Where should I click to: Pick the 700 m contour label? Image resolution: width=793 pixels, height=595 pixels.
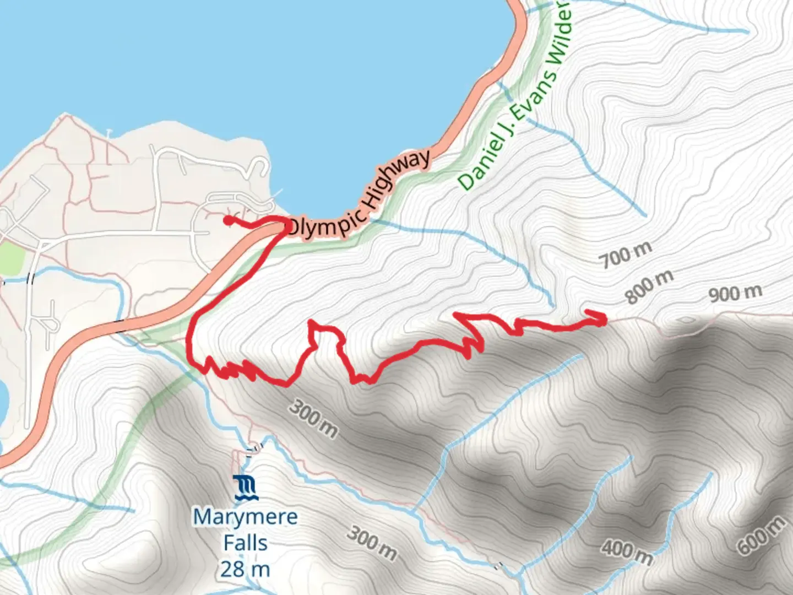tap(626, 253)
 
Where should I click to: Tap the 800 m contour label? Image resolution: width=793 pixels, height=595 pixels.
tap(649, 287)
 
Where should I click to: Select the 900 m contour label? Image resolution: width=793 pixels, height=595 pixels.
tap(735, 293)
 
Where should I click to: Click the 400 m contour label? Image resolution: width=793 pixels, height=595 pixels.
tap(627, 552)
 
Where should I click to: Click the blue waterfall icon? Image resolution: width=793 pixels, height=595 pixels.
tap(245, 488)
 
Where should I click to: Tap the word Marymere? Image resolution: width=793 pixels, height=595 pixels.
tap(245, 517)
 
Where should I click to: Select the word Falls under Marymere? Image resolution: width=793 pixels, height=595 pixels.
tap(245, 543)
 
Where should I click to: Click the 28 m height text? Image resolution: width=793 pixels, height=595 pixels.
tap(245, 569)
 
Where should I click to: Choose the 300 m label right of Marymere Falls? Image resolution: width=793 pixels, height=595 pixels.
tap(372, 542)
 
